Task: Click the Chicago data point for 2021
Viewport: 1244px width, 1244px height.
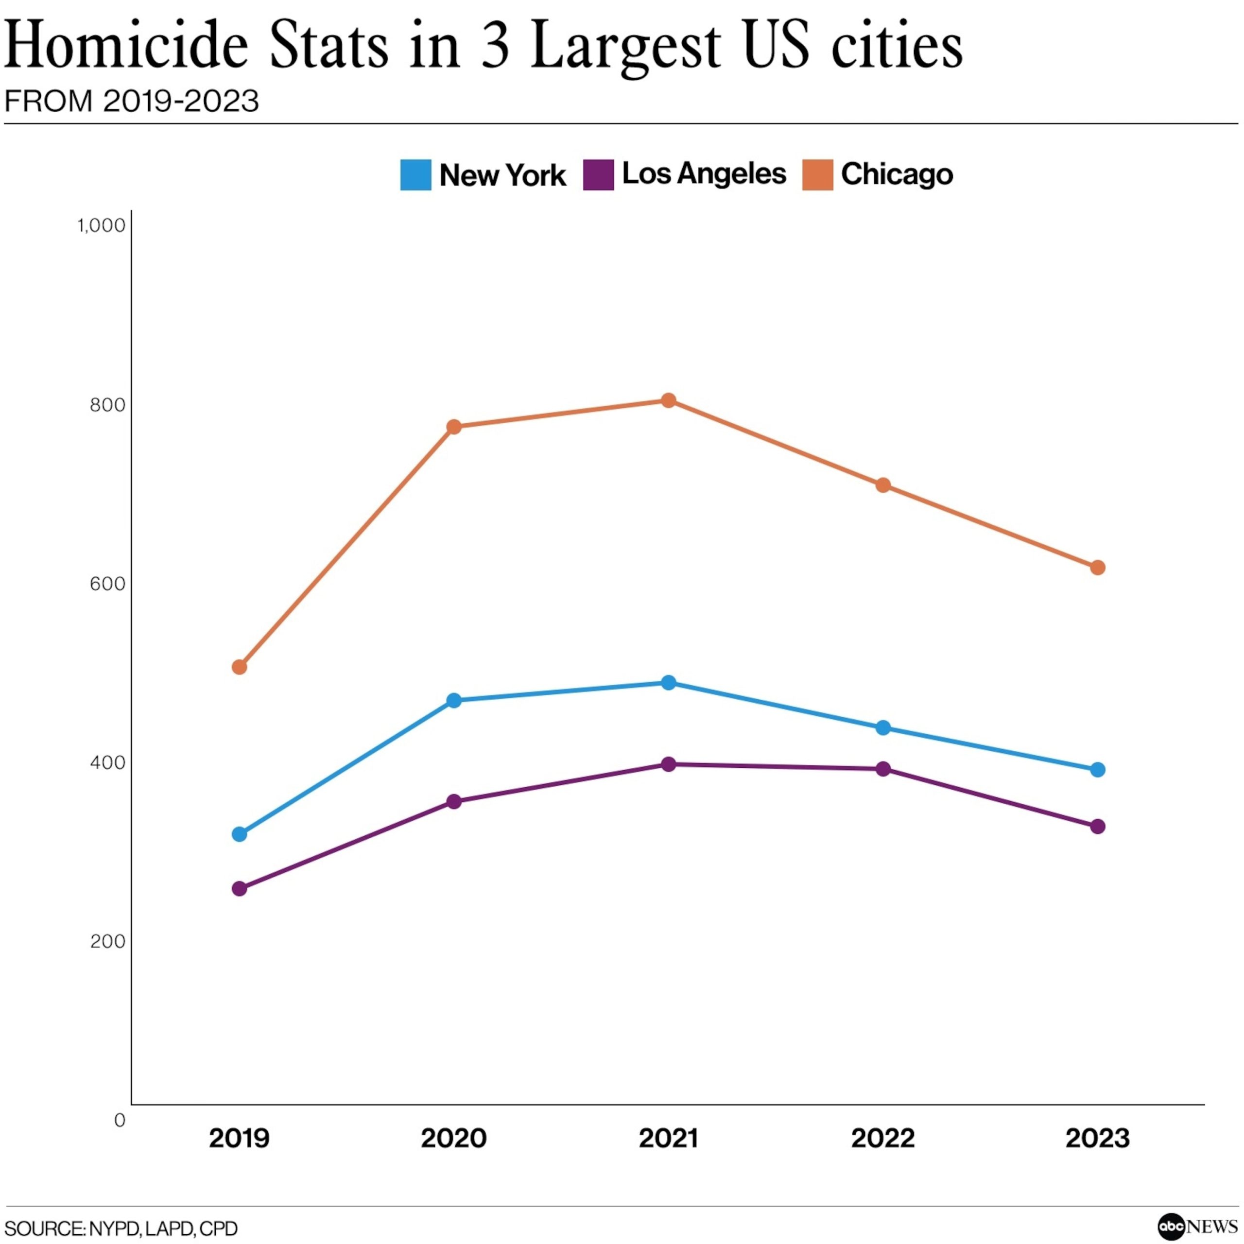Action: point(668,400)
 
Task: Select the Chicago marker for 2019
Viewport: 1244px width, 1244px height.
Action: point(239,667)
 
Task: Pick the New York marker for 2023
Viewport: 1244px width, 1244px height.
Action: point(1098,769)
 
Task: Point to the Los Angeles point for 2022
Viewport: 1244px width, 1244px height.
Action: point(883,769)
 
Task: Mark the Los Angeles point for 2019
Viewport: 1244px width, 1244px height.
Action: point(239,889)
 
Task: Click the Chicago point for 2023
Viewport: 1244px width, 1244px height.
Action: point(1098,567)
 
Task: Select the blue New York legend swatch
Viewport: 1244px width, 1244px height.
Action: point(415,174)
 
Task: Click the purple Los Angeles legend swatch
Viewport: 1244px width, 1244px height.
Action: point(598,174)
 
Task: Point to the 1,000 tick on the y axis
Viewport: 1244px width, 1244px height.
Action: point(101,225)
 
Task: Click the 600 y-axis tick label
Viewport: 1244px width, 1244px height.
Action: point(107,583)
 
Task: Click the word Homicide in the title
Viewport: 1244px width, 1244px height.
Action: point(126,45)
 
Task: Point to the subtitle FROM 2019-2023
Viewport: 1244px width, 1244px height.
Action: point(131,101)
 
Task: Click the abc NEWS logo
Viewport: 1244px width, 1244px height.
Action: point(1197,1227)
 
